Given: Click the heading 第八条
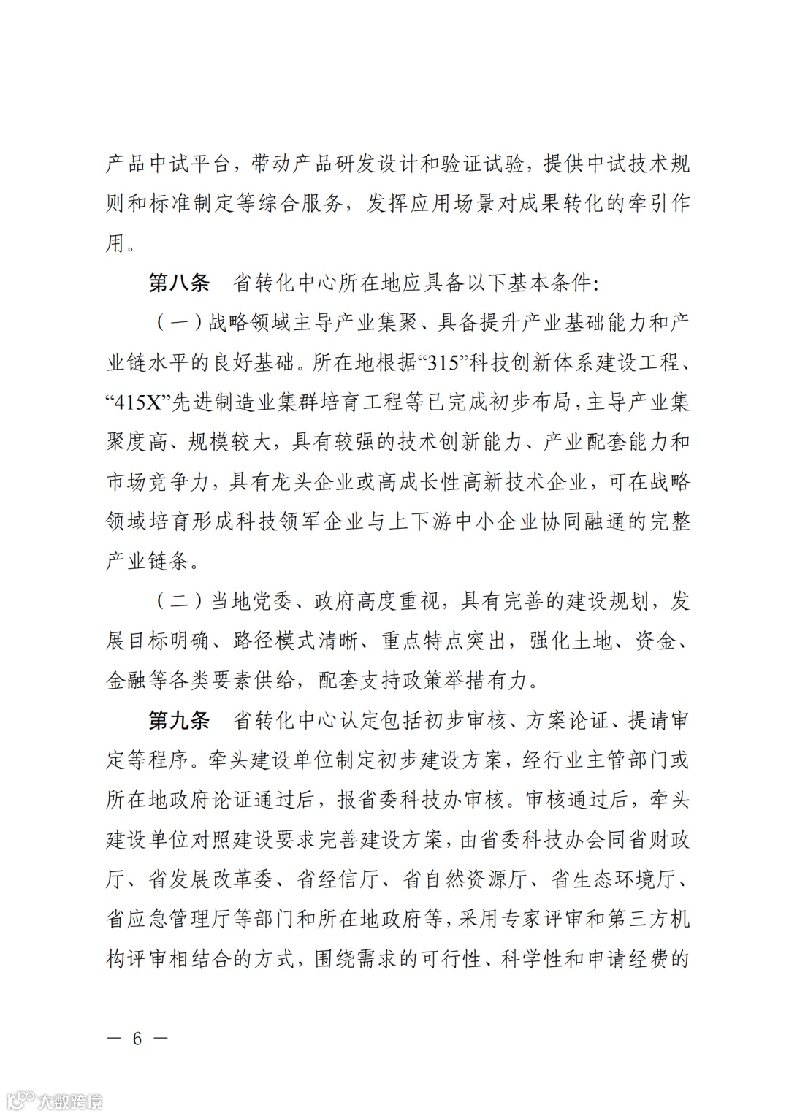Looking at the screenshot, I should point(178,283).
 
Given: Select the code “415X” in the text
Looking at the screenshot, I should point(138,402).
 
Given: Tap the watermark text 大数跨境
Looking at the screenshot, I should point(70,1100).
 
